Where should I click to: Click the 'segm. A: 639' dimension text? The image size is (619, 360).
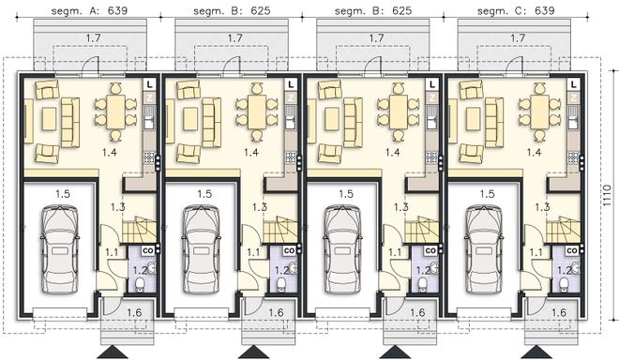(89, 10)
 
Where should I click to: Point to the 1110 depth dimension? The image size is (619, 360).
(608, 196)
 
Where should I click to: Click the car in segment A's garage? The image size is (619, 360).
(60, 249)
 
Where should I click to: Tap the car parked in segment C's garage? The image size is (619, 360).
(484, 249)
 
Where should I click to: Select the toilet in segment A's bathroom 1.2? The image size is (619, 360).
(140, 285)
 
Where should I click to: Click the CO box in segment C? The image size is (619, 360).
(571, 250)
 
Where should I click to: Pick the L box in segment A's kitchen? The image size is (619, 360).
(149, 84)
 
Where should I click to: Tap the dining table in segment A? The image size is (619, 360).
(115, 112)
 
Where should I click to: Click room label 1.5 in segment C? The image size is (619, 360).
(487, 194)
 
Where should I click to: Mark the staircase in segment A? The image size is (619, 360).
(140, 230)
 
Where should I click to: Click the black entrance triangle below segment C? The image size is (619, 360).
(536, 352)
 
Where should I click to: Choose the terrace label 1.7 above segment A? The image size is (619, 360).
(93, 37)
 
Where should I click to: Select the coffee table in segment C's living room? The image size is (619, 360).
(474, 119)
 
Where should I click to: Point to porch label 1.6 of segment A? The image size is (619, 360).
(134, 312)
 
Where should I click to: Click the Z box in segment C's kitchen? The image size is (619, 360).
(573, 97)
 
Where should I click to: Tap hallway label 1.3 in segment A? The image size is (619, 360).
(117, 206)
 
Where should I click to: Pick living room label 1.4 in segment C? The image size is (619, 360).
(534, 152)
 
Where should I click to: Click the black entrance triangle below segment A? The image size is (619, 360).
(113, 352)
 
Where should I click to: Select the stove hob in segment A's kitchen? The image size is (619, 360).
(149, 157)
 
